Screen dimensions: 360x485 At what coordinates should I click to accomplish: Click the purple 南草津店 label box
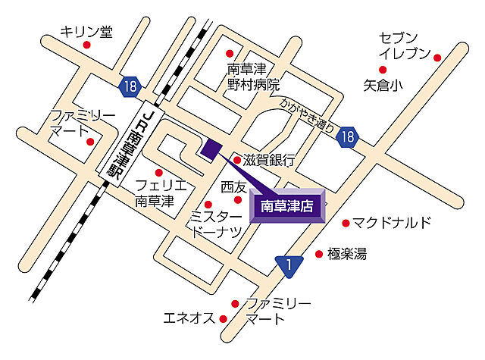[x=287, y=205]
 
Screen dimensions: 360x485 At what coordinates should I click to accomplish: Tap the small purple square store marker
[x=210, y=149]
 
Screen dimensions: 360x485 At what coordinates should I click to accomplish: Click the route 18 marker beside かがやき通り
[x=347, y=137]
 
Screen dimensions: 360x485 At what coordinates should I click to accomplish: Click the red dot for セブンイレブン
[x=437, y=55]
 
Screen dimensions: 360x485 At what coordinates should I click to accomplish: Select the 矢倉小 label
[x=383, y=85]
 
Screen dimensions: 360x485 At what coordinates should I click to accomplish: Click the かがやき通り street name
[x=307, y=114]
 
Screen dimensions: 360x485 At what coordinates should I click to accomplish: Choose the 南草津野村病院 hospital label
[x=253, y=77]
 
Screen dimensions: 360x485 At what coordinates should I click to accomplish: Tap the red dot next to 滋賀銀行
[x=236, y=160]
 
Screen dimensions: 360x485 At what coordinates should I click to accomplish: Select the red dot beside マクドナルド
[x=346, y=223]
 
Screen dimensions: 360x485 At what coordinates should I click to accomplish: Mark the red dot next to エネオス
[x=224, y=318]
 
